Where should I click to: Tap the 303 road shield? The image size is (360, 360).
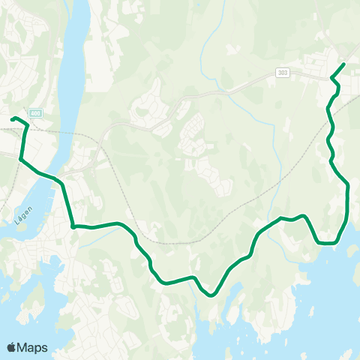(x=282, y=72)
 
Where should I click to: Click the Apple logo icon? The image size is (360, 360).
(x=11, y=347)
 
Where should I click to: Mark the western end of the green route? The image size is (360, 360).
(x=12, y=118)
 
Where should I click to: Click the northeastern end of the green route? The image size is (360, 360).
(x=343, y=64)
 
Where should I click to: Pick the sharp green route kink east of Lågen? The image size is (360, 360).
(x=73, y=226)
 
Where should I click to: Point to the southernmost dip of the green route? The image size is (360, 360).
(x=212, y=295)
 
